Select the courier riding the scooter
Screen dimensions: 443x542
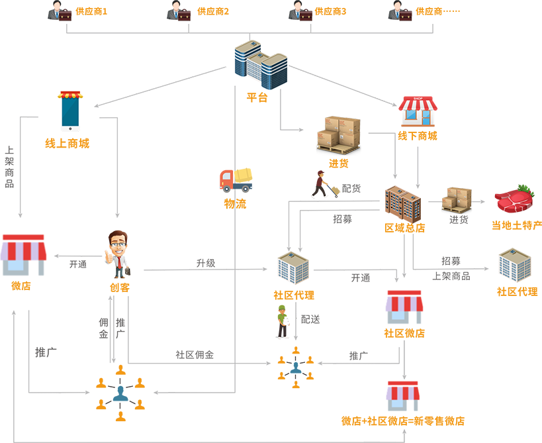point(326,186)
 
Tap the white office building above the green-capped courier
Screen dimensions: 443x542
point(291,266)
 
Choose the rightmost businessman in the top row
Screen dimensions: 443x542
point(398,12)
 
